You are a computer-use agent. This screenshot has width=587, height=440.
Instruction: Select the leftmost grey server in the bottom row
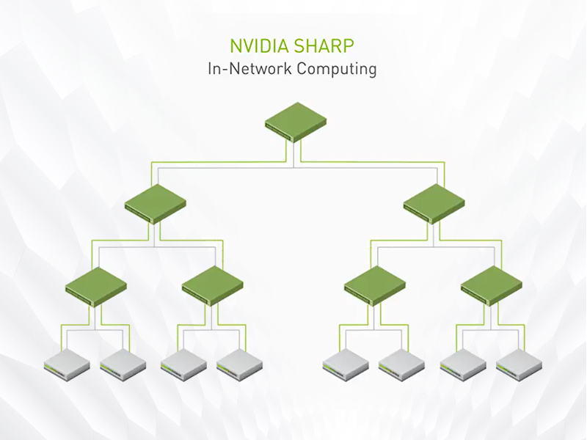pos(67,363)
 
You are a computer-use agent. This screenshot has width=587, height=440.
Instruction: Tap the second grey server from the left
pos(123,363)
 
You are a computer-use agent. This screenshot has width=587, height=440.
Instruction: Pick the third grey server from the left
pos(184,363)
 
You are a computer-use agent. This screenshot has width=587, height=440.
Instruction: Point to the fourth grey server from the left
pos(240,363)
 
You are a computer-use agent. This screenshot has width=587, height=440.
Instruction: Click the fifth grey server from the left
pos(346,363)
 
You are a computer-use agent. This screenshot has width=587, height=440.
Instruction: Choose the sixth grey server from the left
pos(401,363)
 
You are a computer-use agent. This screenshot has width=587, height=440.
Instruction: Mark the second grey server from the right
pos(463,363)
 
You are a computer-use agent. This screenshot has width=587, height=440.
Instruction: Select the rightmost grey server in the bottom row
pos(519,363)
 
